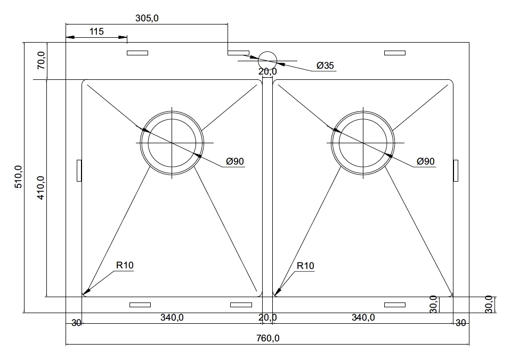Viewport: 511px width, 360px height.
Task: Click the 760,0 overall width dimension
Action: [x=267, y=338]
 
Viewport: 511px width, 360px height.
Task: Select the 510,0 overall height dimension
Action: [x=19, y=177]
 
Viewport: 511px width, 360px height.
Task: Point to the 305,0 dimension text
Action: [x=147, y=18]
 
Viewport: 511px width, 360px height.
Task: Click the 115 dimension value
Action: [x=96, y=31]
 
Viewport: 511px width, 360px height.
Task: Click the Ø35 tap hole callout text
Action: [x=325, y=66]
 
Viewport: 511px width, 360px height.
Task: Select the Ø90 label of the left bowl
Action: [x=235, y=161]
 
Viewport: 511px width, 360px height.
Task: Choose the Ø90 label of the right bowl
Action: [x=426, y=161]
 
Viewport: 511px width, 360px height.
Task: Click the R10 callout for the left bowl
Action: [x=125, y=265]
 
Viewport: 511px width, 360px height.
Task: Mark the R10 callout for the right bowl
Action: [x=305, y=266]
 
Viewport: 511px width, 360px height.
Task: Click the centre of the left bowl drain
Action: [x=172, y=143]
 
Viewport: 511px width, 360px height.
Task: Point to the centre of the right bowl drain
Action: [x=363, y=143]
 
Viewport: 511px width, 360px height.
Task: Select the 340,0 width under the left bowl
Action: [x=172, y=317]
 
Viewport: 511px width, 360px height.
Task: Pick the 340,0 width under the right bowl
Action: [x=363, y=317]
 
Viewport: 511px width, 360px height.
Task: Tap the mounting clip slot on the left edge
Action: [x=79, y=170]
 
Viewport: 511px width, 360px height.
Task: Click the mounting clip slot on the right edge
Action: [x=456, y=170]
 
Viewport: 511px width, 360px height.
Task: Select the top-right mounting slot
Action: [x=395, y=53]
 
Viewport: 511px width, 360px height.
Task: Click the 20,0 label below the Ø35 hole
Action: [x=267, y=72]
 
